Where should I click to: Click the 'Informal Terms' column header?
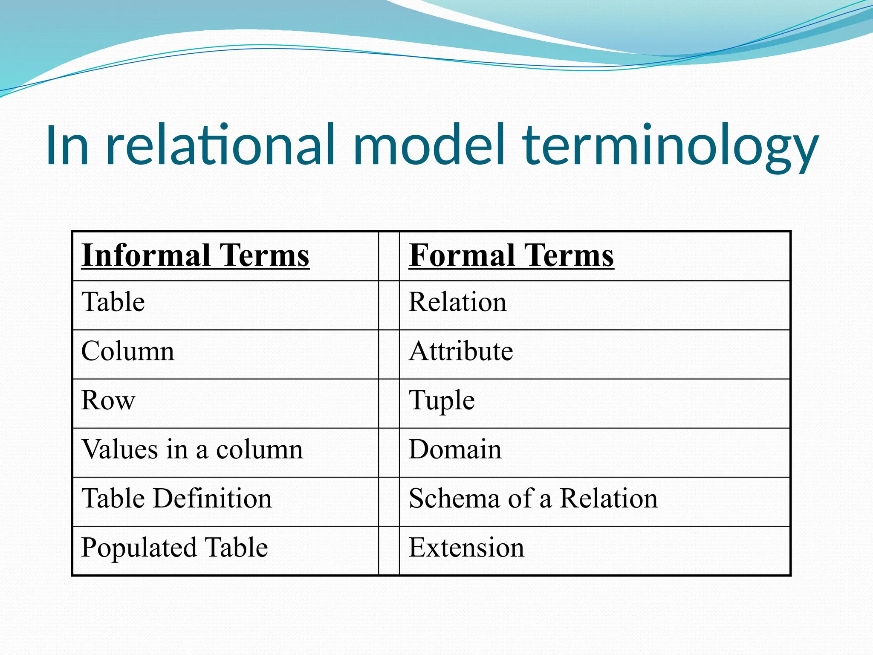[195, 256]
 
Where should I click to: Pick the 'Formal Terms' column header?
[511, 256]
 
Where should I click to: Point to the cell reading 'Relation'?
[458, 302]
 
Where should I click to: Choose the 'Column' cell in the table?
[128, 352]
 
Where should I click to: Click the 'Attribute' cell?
[461, 352]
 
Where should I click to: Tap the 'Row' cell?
[108, 401]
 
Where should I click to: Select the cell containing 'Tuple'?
[442, 401]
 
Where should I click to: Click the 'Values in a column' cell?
[192, 450]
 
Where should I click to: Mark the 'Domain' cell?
[455, 450]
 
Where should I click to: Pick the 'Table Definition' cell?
[176, 499]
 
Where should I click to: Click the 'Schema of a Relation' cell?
[533, 499]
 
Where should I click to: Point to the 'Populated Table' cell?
[174, 548]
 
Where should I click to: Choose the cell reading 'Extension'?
[466, 548]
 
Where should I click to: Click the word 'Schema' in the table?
[454, 499]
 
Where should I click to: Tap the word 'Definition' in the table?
[212, 499]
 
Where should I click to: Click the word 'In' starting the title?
[67, 145]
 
